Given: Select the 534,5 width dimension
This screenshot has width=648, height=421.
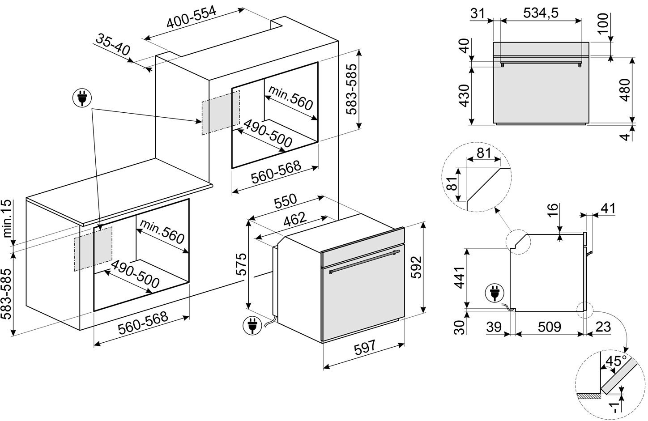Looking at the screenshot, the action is tap(541, 13).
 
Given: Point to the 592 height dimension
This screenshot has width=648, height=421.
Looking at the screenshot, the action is tap(416, 267).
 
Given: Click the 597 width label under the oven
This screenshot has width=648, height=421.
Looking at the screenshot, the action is tap(365, 347).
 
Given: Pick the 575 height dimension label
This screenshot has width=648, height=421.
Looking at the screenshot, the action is tap(241, 264).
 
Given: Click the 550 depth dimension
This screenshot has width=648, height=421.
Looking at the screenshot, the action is tap(286, 201).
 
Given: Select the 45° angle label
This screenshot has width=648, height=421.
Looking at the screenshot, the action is tap(616, 361).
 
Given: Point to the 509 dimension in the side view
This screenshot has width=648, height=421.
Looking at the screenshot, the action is tap(549, 327).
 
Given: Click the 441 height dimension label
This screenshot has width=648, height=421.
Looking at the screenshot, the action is tap(460, 278).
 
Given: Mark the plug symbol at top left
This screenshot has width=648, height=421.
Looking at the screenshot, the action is tap(82, 98).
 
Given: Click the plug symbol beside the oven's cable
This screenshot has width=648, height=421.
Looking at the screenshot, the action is tap(252, 326).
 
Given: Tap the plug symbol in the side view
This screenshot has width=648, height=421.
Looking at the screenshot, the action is tap(495, 293).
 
